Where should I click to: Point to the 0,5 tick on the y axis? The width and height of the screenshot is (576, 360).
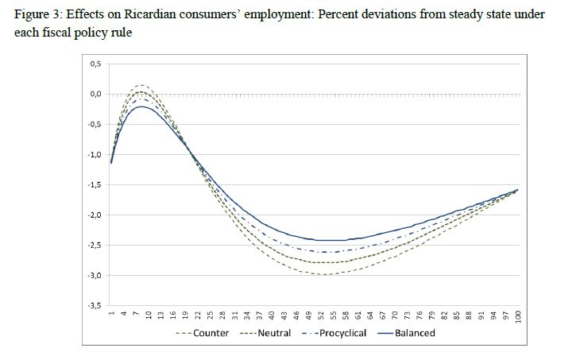pyautogui.click(x=95, y=64)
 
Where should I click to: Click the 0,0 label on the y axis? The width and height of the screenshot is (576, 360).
pyautogui.click(x=95, y=94)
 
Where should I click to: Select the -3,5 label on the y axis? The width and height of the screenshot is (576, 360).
pyautogui.click(x=94, y=304)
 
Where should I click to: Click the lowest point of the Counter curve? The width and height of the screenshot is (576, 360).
pyautogui.click(x=323, y=274)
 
